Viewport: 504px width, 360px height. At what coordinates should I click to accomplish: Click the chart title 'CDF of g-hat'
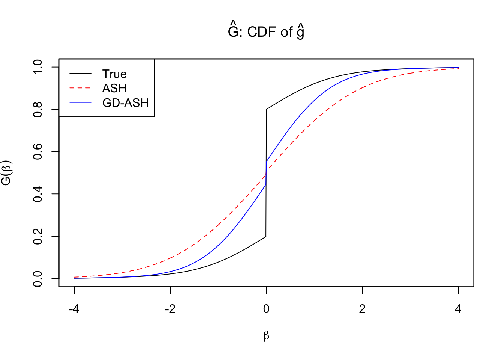pyautogui.click(x=266, y=31)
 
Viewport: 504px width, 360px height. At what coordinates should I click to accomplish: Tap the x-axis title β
pyautogui.click(x=266, y=335)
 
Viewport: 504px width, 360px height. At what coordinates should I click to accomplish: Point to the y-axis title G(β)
pyautogui.click(x=7, y=173)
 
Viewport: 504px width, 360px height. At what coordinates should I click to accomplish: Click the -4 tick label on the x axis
pyautogui.click(x=74, y=309)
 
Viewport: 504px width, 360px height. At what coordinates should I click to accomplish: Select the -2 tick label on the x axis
pyautogui.click(x=170, y=309)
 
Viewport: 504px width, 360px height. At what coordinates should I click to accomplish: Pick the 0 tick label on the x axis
pyautogui.click(x=266, y=309)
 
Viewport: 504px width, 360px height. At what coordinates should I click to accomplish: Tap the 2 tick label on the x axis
pyautogui.click(x=362, y=309)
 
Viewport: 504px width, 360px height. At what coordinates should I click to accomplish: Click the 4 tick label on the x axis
pyautogui.click(x=458, y=309)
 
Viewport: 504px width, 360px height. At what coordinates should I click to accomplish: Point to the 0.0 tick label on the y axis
pyautogui.click(x=38, y=279)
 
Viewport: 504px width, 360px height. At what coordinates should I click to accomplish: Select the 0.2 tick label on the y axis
pyautogui.click(x=38, y=236)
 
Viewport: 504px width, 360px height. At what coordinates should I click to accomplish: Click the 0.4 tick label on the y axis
pyautogui.click(x=38, y=194)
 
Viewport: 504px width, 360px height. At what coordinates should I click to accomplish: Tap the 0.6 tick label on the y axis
pyautogui.click(x=38, y=151)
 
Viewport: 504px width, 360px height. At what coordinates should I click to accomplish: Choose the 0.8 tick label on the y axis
pyautogui.click(x=38, y=109)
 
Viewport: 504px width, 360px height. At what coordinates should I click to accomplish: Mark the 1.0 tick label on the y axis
pyautogui.click(x=38, y=67)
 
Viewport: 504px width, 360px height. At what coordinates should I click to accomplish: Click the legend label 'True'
pyautogui.click(x=114, y=74)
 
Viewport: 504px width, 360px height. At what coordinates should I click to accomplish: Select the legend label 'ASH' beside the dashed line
pyautogui.click(x=114, y=88)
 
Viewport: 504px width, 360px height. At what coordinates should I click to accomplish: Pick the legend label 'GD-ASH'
pyautogui.click(x=125, y=102)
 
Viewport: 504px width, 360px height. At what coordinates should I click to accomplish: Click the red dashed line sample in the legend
pyautogui.click(x=81, y=88)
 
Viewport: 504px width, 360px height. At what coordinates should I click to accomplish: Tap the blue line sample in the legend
pyautogui.click(x=81, y=102)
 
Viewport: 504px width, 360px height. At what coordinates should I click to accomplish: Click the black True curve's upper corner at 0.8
pyautogui.click(x=267, y=109)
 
